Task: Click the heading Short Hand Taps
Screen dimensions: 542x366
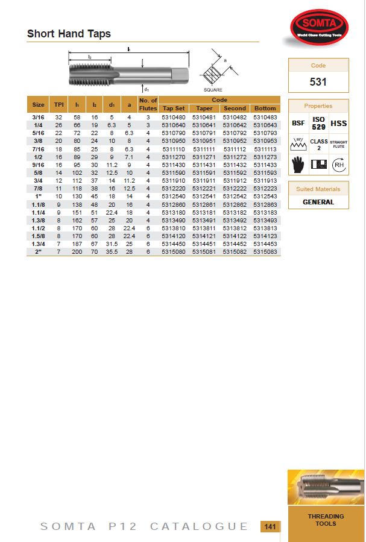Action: [69, 34]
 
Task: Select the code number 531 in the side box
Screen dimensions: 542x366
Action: [318, 81]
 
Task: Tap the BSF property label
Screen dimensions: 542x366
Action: [298, 123]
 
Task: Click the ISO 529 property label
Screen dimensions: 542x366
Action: [318, 123]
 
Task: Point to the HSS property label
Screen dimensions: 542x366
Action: [339, 123]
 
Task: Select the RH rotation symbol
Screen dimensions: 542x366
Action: [339, 164]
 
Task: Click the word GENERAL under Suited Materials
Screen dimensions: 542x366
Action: [318, 202]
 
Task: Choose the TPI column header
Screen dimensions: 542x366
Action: [58, 105]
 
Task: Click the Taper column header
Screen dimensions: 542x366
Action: [204, 109]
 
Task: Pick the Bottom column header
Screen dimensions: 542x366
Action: [265, 109]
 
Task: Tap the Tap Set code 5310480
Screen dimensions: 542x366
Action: [174, 116]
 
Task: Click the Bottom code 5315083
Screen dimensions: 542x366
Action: [265, 251]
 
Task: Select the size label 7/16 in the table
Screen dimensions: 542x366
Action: [37, 148]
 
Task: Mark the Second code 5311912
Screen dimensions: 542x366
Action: [235, 180]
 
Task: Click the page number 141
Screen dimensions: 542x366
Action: [270, 527]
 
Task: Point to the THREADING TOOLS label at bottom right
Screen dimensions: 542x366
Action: [326, 520]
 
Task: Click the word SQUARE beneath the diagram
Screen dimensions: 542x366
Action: [213, 90]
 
